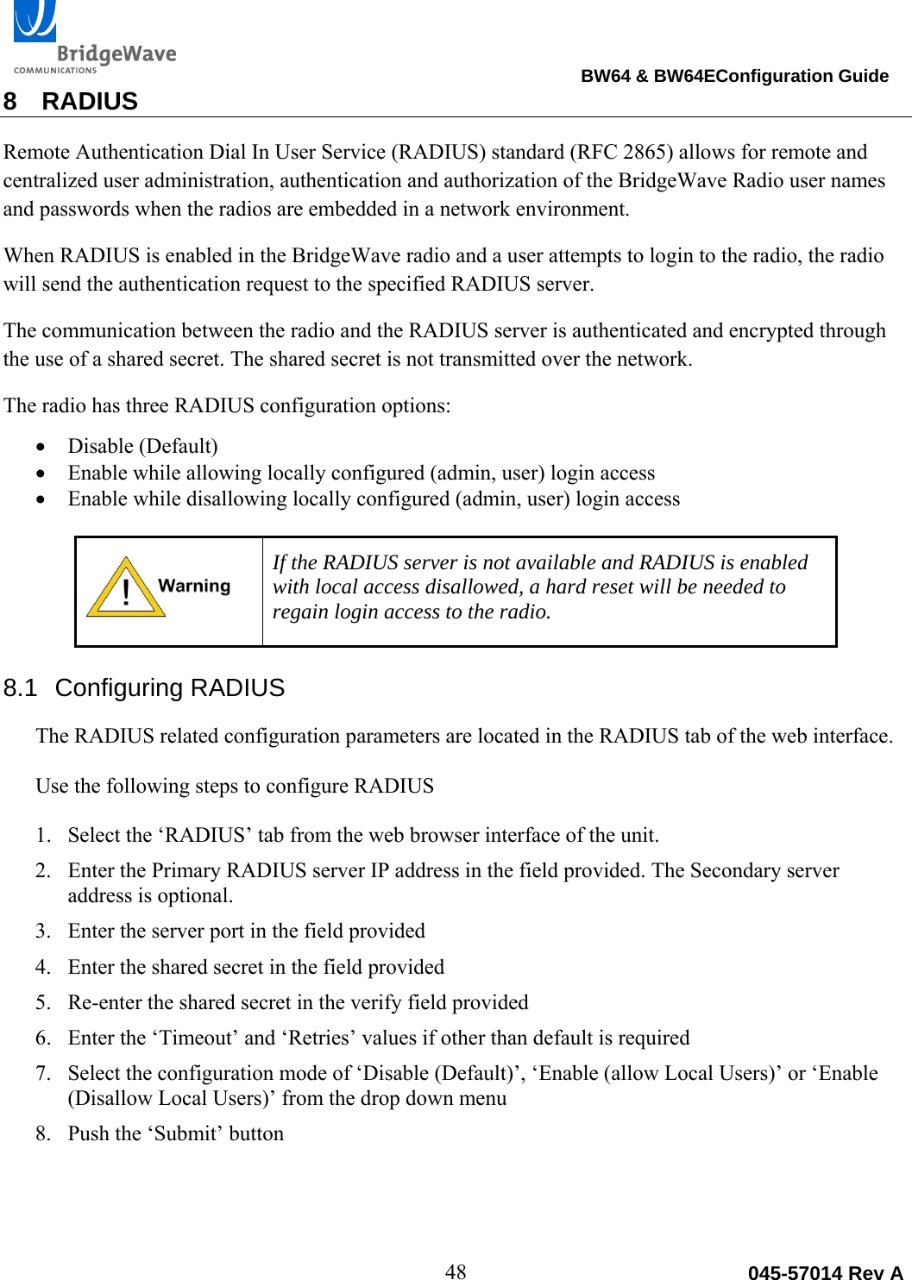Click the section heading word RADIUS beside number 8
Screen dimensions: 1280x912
point(90,102)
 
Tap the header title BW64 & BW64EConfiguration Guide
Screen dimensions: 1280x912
point(734,76)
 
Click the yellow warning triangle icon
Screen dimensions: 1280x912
point(125,589)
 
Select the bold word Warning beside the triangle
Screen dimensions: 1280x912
point(194,586)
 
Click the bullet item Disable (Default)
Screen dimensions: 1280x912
point(142,446)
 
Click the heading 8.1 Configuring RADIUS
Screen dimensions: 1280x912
point(144,687)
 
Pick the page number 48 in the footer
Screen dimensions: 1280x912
point(456,1271)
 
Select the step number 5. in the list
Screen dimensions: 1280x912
point(43,1002)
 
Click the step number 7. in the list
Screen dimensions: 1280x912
point(43,1073)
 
